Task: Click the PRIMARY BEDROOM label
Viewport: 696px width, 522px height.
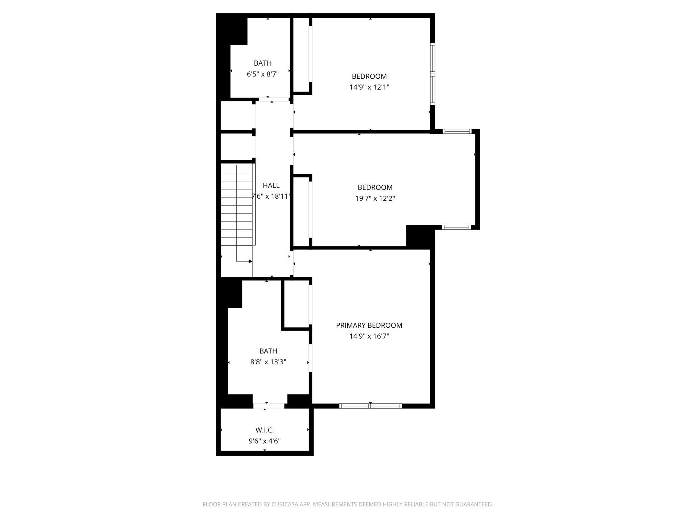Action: click(x=369, y=325)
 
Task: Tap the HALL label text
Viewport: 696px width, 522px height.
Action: click(x=271, y=186)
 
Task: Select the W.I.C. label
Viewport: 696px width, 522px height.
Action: click(x=265, y=430)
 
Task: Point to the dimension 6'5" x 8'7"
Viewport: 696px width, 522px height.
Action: click(x=263, y=74)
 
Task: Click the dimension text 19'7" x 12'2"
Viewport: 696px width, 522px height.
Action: click(x=375, y=198)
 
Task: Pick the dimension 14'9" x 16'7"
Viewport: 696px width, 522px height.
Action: click(x=369, y=336)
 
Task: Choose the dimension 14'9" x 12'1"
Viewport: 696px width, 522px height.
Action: click(x=369, y=87)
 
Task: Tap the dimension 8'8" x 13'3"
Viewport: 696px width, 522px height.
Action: click(x=268, y=362)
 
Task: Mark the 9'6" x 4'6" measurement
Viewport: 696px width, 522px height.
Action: click(x=265, y=441)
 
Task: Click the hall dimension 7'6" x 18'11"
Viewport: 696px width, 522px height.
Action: click(x=271, y=196)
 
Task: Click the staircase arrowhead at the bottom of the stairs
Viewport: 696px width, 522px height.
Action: click(x=250, y=261)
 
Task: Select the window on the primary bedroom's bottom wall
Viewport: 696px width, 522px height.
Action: click(x=371, y=406)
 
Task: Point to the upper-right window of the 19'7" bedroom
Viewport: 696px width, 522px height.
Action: click(x=457, y=131)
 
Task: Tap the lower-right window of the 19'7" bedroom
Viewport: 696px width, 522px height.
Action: click(x=456, y=227)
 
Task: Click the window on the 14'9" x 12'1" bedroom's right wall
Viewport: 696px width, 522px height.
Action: click(x=432, y=74)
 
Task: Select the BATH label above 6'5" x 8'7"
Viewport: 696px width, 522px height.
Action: click(x=263, y=63)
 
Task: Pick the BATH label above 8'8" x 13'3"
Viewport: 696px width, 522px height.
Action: click(x=268, y=351)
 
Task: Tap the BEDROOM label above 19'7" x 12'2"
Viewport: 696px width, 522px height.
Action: click(x=375, y=187)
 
